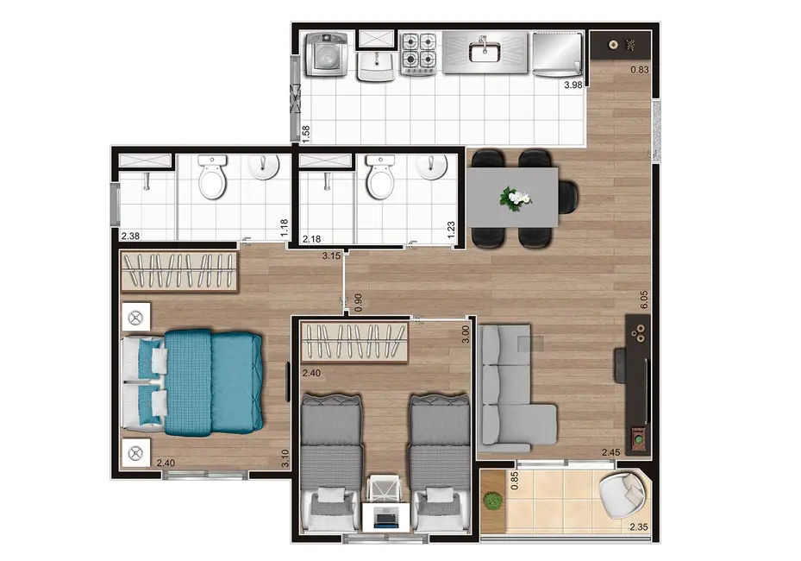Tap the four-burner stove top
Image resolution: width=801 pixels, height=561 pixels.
point(420,53)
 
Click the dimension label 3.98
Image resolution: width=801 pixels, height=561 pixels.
point(573,85)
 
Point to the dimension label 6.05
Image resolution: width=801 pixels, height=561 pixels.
point(644,299)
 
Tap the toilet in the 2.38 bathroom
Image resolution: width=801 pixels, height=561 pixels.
point(212,180)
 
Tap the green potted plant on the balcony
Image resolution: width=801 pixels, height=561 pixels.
point(492,501)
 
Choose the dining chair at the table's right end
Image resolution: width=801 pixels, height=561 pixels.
point(568,197)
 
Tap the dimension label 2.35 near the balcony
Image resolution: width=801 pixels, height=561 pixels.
point(638,527)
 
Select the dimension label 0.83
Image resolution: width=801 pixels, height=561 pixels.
point(638,71)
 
